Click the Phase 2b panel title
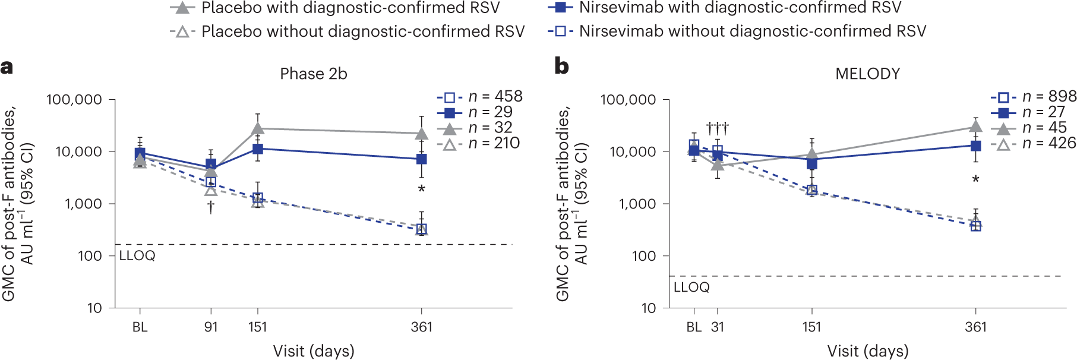[313, 74]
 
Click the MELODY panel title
[867, 74]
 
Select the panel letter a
[7, 67]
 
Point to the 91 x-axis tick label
[211, 327]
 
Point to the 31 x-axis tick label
[718, 327]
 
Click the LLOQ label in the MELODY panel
[691, 288]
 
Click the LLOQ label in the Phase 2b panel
[137, 256]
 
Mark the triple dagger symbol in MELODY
[717, 128]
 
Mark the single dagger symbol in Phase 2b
[211, 207]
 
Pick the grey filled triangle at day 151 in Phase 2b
[257, 128]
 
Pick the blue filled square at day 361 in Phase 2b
[421, 159]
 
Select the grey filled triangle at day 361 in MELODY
[975, 127]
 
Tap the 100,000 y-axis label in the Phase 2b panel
[74, 99]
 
